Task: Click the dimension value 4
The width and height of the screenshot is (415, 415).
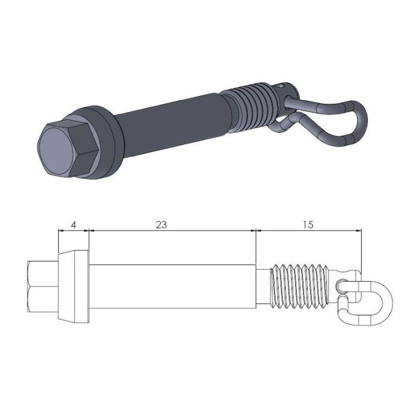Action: [x=74, y=225]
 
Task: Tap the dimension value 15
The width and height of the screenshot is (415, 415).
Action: [x=307, y=225]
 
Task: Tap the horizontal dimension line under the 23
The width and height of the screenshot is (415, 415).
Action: [x=172, y=230]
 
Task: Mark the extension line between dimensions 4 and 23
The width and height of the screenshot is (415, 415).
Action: [x=88, y=240]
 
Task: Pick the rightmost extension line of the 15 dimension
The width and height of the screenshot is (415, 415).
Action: [x=361, y=249]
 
